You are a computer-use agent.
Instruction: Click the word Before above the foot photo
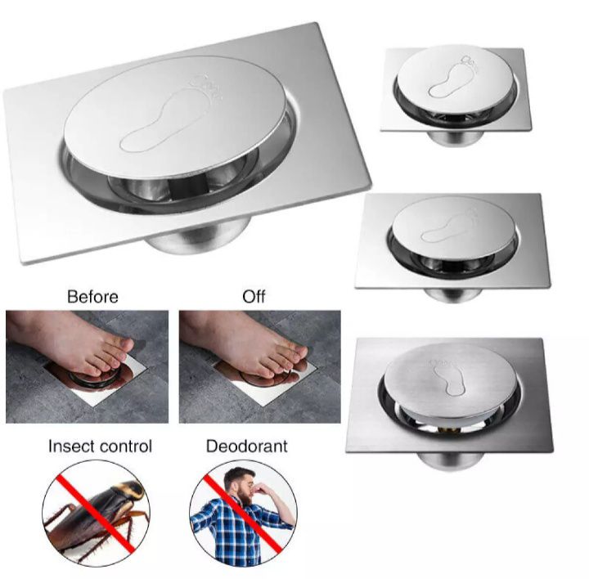point(92,297)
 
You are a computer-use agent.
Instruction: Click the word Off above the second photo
point(254,297)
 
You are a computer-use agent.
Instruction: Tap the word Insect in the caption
point(71,447)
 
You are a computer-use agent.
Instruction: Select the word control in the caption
point(126,447)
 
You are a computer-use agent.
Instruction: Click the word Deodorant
point(247,447)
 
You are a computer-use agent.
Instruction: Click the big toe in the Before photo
point(119,344)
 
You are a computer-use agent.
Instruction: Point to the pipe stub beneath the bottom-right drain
point(450,460)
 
